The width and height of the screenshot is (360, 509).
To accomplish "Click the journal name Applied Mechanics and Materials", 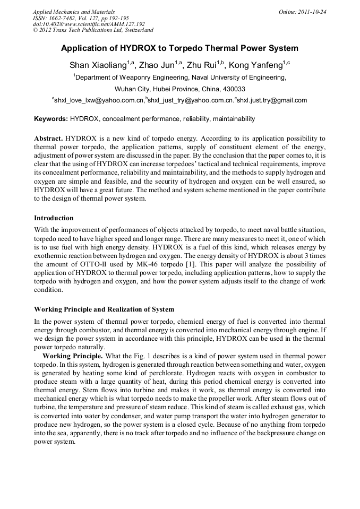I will (74, 12).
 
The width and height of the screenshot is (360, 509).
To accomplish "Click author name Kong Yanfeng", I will (255, 65).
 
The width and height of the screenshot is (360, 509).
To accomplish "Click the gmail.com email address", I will (272, 100).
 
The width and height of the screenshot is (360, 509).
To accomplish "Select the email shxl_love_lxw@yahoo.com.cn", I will (99, 100).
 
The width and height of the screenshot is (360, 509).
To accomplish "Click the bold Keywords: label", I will (51, 119).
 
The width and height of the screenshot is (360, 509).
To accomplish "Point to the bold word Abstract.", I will (48, 137).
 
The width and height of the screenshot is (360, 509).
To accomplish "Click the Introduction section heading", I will (54, 218).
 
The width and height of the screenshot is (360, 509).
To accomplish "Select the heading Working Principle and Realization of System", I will (104, 309).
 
